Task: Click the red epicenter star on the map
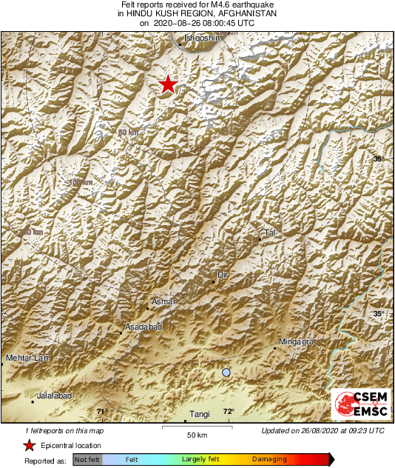(169, 84)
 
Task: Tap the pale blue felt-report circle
(226, 372)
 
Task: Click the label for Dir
(221, 275)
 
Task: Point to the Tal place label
(270, 233)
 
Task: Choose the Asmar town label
(162, 301)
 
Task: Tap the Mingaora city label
(296, 341)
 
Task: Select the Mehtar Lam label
(27, 358)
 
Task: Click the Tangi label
(200, 415)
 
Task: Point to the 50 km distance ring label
(128, 133)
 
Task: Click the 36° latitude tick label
(378, 159)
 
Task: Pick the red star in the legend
(29, 445)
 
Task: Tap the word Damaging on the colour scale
(269, 459)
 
